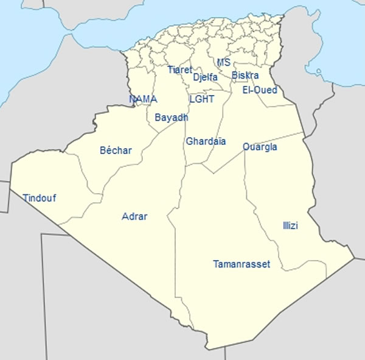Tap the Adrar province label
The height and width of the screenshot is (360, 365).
coord(134,216)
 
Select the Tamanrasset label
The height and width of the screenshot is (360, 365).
coord(242,264)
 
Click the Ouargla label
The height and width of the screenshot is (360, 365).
coord(260,147)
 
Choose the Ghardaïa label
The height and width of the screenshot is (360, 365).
coord(206,141)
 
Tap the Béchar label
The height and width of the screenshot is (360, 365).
coord(115,150)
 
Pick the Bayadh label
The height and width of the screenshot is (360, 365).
coord(171,117)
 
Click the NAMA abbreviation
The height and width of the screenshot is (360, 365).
coord(143,99)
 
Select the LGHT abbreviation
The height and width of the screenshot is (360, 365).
coord(201,99)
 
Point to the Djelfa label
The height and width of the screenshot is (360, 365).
coord(205,77)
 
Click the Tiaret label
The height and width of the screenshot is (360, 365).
coord(179,69)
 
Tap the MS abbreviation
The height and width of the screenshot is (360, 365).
coord(224,62)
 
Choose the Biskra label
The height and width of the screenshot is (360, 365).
coord(245,76)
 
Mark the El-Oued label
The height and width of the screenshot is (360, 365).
coord(260,90)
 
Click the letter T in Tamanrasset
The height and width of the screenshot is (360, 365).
coord(216,264)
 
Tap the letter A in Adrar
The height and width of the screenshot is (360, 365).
coord(125,216)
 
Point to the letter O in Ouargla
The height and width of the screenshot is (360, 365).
coord(246,147)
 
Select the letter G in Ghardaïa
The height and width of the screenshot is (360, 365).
coord(189,141)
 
